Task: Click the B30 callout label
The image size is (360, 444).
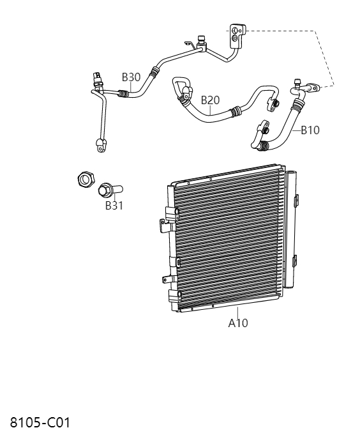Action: click(131, 77)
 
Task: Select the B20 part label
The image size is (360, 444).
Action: click(210, 100)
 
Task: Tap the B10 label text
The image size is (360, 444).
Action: click(310, 130)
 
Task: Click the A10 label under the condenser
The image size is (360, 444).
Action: click(238, 323)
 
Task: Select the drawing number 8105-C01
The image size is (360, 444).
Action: click(40, 423)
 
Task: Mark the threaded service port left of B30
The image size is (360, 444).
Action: click(96, 78)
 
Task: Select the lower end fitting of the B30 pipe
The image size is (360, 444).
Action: click(100, 146)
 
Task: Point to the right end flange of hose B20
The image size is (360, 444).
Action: click(274, 103)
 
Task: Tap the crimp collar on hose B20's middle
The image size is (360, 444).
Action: click(235, 112)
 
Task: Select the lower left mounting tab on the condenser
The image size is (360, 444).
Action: click(168, 279)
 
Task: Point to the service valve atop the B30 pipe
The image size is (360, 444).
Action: click(202, 41)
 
